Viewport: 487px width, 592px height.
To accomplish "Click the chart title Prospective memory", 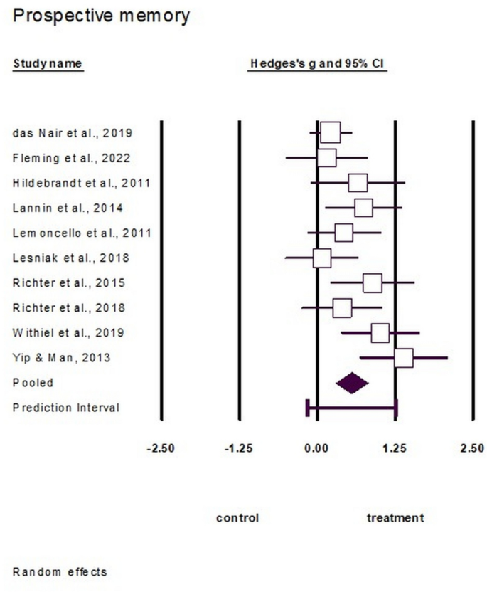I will pos(102,16).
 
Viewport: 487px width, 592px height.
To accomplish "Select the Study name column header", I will pos(48,64).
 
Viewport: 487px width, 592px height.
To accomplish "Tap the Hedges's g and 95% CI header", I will pos(316,64).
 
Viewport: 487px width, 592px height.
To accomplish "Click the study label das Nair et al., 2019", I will pos(72,133).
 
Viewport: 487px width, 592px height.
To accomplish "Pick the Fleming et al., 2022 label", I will pos(71,158).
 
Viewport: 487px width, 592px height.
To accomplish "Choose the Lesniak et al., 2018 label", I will pos(71,258).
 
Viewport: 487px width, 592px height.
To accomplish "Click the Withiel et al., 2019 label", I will pos(69,332).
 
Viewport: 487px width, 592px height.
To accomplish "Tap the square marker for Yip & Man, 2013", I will pos(403,358).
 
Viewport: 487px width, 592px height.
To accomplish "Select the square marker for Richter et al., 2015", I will pos(373,282).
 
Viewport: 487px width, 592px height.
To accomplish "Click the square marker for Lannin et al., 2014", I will pos(363,208).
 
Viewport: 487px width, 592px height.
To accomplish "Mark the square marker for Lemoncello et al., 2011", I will pos(343,233).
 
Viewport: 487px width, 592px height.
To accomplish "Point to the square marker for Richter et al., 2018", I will pos(342,307).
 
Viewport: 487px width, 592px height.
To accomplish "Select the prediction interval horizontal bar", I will pos(351,408).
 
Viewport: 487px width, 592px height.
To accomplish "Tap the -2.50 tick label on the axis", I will pos(160,448).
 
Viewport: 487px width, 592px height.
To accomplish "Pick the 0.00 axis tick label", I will pos(316,448).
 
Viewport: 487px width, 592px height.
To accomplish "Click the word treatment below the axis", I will pos(395,518).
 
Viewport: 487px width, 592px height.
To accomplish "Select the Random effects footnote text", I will pos(60,571).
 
